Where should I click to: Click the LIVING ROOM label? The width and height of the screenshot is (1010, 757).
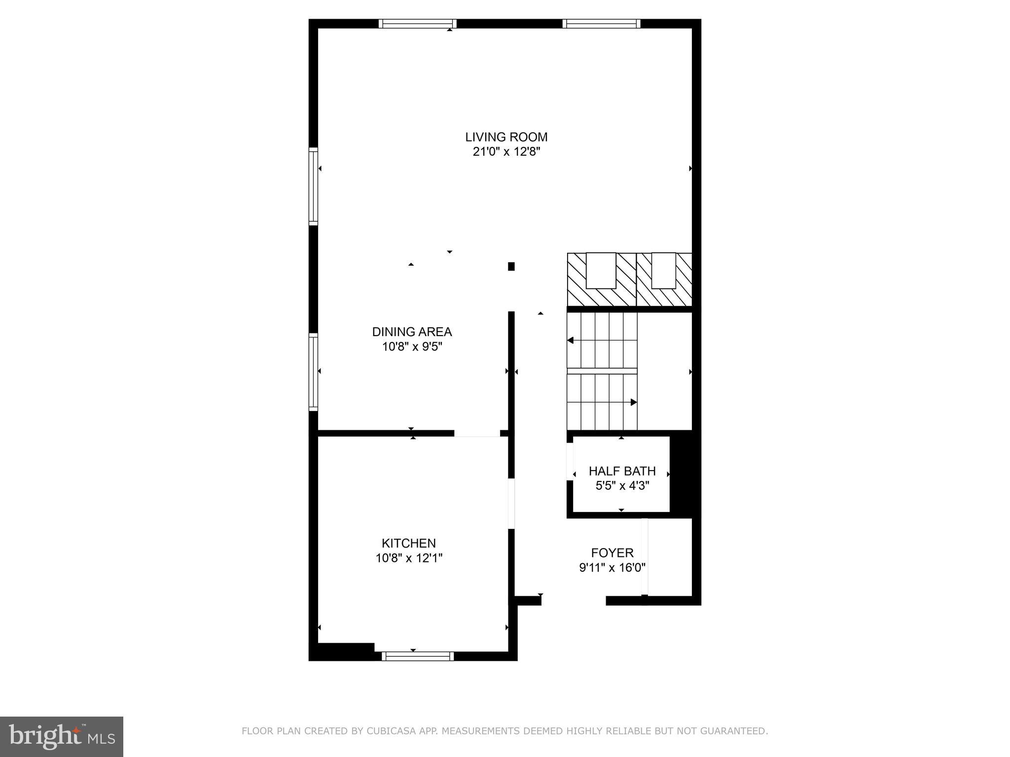click(506, 137)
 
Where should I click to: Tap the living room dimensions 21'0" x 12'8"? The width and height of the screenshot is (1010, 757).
click(506, 152)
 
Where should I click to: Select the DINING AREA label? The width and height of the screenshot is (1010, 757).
click(412, 332)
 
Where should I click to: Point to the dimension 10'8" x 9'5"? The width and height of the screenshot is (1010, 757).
click(412, 347)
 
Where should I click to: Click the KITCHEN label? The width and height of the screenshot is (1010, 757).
click(408, 543)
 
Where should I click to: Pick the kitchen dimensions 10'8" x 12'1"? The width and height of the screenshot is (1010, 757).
click(409, 558)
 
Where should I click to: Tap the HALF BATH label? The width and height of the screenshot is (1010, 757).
click(622, 471)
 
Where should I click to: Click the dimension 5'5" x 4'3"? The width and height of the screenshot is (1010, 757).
click(622, 486)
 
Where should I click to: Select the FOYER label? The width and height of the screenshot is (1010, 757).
click(612, 553)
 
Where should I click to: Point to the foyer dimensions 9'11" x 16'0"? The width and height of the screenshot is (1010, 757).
click(612, 568)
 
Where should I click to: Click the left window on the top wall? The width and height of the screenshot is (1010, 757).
click(418, 24)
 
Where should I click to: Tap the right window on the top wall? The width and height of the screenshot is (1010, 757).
click(601, 24)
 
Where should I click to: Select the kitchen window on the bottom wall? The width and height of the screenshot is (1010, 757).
click(418, 656)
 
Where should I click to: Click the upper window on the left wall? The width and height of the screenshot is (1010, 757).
click(313, 186)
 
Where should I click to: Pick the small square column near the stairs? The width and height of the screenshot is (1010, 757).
click(511, 267)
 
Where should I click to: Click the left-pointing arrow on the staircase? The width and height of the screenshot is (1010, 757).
click(571, 341)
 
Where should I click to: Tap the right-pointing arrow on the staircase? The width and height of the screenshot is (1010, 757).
click(633, 403)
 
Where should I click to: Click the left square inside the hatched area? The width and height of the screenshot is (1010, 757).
click(601, 271)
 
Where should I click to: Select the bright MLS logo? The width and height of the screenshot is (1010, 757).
click(62, 737)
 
